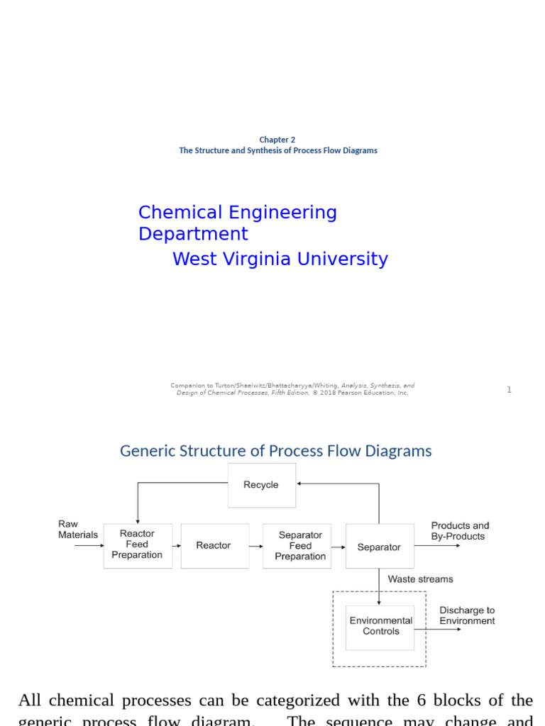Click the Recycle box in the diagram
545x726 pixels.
(x=262, y=485)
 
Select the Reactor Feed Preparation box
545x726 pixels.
(x=137, y=545)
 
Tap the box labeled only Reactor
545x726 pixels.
(x=214, y=546)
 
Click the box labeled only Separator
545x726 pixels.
(x=380, y=547)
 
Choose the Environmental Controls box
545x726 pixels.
(x=380, y=626)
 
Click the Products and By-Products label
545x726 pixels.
(x=460, y=531)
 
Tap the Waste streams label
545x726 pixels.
(x=420, y=579)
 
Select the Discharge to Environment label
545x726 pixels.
(x=467, y=615)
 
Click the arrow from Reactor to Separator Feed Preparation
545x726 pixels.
(x=256, y=546)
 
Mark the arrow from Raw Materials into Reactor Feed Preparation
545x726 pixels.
(x=89, y=546)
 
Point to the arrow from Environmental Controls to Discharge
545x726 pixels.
(x=437, y=628)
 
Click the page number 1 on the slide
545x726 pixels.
(x=509, y=390)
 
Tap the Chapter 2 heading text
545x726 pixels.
(x=277, y=140)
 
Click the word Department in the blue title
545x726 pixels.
(x=193, y=234)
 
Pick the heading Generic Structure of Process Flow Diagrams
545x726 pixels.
(x=275, y=451)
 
